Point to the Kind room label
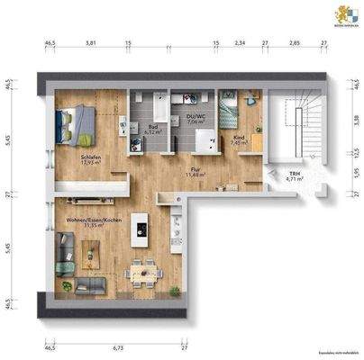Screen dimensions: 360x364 (238, 139)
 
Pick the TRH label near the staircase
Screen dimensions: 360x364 (295, 175)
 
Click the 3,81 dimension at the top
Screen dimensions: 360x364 (91, 42)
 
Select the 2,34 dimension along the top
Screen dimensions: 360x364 (240, 42)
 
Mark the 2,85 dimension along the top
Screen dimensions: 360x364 (294, 42)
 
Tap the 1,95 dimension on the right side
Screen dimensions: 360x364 (357, 173)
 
